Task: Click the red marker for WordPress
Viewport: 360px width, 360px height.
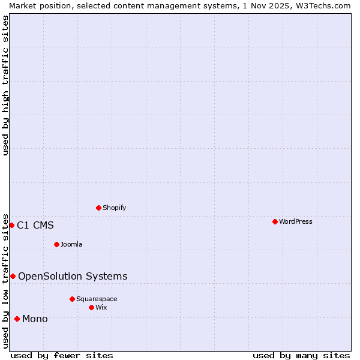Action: [x=275, y=221]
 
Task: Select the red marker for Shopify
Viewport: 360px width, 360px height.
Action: [x=98, y=208]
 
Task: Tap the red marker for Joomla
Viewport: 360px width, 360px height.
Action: [x=56, y=244]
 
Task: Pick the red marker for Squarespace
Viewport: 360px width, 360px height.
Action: [x=72, y=299]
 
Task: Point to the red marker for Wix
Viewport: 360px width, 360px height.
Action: [x=91, y=307]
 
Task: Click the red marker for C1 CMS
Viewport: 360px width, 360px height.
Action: [x=11, y=225]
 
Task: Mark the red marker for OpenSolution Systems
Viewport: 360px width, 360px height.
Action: [x=13, y=276]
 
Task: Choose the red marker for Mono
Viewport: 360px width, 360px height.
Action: [x=17, y=319]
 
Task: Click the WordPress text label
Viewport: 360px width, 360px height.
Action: [x=296, y=221]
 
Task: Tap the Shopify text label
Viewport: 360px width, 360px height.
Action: [x=114, y=208]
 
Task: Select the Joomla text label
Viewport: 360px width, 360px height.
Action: [x=71, y=244]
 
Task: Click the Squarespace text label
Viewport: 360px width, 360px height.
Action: [x=97, y=299]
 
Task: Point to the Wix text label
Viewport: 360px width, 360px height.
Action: [x=101, y=307]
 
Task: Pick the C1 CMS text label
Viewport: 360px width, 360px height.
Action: [x=35, y=226]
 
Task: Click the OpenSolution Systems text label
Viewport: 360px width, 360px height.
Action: [x=73, y=276]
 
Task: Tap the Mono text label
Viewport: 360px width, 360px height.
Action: [x=35, y=319]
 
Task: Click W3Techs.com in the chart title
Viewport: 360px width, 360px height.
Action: [x=322, y=5]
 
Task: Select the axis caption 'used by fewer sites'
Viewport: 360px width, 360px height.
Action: [x=62, y=355]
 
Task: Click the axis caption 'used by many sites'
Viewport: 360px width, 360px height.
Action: [x=301, y=355]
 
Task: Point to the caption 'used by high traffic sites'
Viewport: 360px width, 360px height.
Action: [x=5, y=85]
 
